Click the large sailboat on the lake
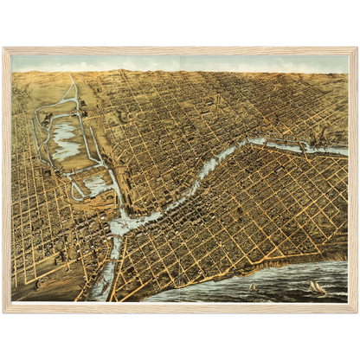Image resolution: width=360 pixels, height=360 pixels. (317, 286)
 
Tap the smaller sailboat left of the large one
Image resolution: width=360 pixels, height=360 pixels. (253, 286)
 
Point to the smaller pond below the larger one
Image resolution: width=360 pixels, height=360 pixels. (97, 184)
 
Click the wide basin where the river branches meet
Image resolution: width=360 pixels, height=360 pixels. (126, 223)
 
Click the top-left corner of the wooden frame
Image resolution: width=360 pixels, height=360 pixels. (5, 49)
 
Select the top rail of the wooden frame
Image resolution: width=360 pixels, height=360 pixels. (180, 49)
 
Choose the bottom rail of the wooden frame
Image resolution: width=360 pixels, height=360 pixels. (180, 307)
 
